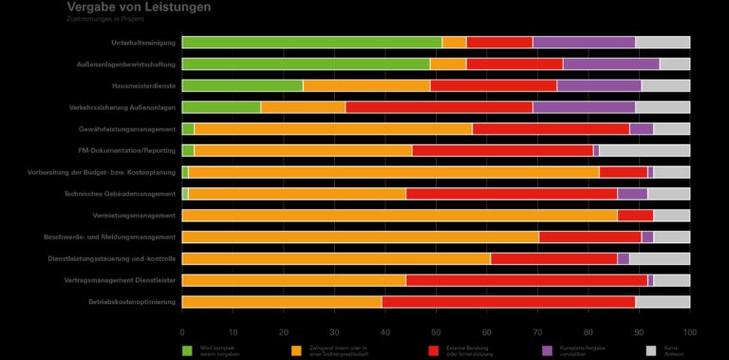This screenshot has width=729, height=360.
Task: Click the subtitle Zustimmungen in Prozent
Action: [105, 19]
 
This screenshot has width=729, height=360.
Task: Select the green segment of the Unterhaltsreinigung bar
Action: [311, 42]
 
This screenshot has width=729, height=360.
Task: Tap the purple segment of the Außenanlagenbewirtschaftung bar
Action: [610, 64]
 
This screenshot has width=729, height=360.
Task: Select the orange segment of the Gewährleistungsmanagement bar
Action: [332, 129]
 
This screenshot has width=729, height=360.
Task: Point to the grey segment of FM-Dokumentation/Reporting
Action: [645, 150]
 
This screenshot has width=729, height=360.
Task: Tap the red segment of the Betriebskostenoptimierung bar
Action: [508, 302]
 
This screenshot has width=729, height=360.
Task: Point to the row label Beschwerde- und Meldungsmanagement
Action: [110, 237]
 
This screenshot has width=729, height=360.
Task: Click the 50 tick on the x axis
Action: [436, 332]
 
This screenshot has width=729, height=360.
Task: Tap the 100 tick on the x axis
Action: [690, 332]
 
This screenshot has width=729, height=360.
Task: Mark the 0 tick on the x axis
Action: [182, 332]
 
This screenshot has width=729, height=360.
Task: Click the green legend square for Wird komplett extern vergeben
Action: [188, 351]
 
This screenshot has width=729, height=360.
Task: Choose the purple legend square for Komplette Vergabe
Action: [548, 351]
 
